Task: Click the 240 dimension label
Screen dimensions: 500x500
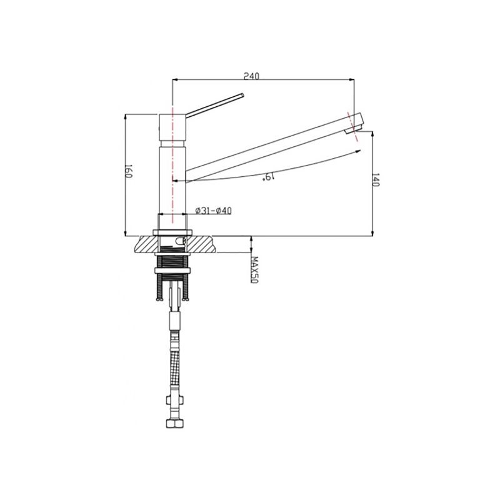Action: point(252,76)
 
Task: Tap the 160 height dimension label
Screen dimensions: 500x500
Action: point(128,171)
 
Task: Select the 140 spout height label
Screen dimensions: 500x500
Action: point(376,180)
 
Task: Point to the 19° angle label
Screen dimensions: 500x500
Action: point(269,177)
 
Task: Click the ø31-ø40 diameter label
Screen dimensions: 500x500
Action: point(213,211)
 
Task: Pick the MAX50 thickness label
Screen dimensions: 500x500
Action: point(254,269)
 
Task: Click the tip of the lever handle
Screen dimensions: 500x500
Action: point(242,95)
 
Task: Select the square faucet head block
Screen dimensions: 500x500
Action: point(172,127)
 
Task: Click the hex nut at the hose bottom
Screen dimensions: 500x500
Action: point(175,424)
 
